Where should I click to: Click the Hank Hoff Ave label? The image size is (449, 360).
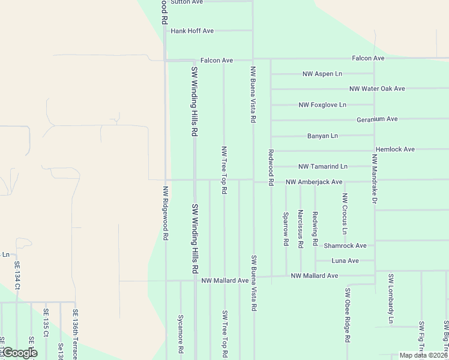pos(192,31)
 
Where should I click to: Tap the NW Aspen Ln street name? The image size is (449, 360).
pos(322,74)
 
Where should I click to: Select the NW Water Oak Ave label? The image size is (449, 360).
pos(377,89)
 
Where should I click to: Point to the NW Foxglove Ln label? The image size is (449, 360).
pos(322,105)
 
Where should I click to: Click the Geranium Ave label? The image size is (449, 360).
pos(377,119)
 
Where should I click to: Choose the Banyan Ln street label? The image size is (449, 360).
pos(322,136)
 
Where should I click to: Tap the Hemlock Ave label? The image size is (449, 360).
pos(395,149)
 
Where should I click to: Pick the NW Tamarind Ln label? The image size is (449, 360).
pos(323,166)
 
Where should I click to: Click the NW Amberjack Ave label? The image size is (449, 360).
pos(313,182)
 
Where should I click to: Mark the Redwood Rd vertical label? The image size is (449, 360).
pos(271,167)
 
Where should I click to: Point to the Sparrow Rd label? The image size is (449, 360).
pos(286,229)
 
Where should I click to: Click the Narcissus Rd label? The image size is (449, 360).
pos(300,229)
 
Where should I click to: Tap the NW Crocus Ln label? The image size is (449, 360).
pos(345,214)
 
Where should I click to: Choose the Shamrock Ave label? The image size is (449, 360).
pos(345,246)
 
